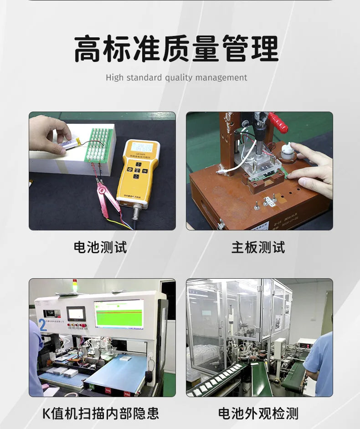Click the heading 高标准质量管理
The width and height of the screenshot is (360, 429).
pos(176,49)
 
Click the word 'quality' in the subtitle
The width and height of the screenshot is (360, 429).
pos(179,78)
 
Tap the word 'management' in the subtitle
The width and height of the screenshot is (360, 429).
pos(221,78)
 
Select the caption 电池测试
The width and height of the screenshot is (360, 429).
pos(100,247)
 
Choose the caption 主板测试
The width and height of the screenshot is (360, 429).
pos(258,247)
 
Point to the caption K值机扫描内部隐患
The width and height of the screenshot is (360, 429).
pos(101,414)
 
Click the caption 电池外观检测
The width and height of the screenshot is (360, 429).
pos(258,414)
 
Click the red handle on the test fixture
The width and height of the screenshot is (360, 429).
pos(278,123)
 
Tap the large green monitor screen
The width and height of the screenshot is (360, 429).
pos(118,313)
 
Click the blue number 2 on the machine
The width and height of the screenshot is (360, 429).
pos(43,325)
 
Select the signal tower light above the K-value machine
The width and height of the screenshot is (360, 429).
pos(75,285)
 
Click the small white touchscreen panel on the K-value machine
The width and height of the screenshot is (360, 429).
pos(76,314)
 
